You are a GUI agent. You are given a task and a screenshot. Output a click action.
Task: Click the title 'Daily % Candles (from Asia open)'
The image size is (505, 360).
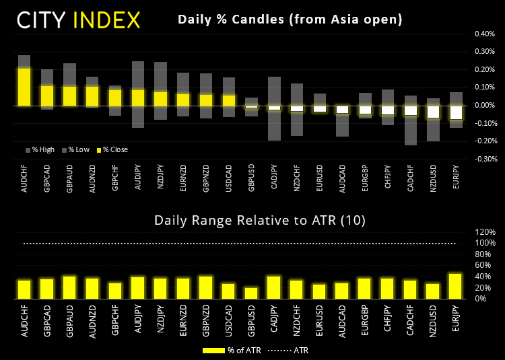pos(290,20)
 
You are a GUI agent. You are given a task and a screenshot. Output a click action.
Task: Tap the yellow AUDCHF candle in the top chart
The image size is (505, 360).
pos(24,86)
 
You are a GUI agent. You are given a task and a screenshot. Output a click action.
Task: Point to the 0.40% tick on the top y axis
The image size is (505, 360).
pos(485,33)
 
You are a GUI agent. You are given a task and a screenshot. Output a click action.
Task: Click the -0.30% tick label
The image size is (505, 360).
pos(484,159)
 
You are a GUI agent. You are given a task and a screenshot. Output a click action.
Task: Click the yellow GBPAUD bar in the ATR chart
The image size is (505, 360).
pos(69,287)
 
